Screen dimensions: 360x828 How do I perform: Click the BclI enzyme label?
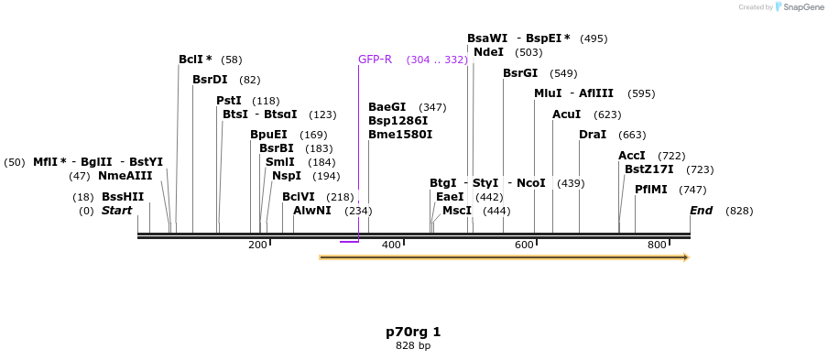191,60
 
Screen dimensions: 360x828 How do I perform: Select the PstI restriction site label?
228,101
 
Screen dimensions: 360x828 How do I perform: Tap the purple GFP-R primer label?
375,60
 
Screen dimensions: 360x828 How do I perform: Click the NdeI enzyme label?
488,52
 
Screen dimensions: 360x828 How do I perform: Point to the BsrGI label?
520,73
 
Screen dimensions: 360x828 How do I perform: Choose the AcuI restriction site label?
566,115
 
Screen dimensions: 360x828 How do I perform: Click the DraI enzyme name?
593,135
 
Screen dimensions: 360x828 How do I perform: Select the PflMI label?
651,190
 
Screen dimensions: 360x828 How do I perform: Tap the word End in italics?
701,211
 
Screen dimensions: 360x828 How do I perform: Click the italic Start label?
116,211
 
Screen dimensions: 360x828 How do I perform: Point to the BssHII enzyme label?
123,197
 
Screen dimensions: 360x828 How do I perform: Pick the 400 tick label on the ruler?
391,245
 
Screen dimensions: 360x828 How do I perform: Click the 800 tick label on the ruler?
657,245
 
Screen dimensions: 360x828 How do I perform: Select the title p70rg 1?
413,332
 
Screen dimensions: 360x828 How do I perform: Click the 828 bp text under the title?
413,346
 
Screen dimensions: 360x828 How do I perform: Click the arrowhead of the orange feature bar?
684,257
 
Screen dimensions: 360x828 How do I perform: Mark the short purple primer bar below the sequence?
349,242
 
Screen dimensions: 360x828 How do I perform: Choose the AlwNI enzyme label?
312,211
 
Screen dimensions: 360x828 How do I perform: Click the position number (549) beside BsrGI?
563,73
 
